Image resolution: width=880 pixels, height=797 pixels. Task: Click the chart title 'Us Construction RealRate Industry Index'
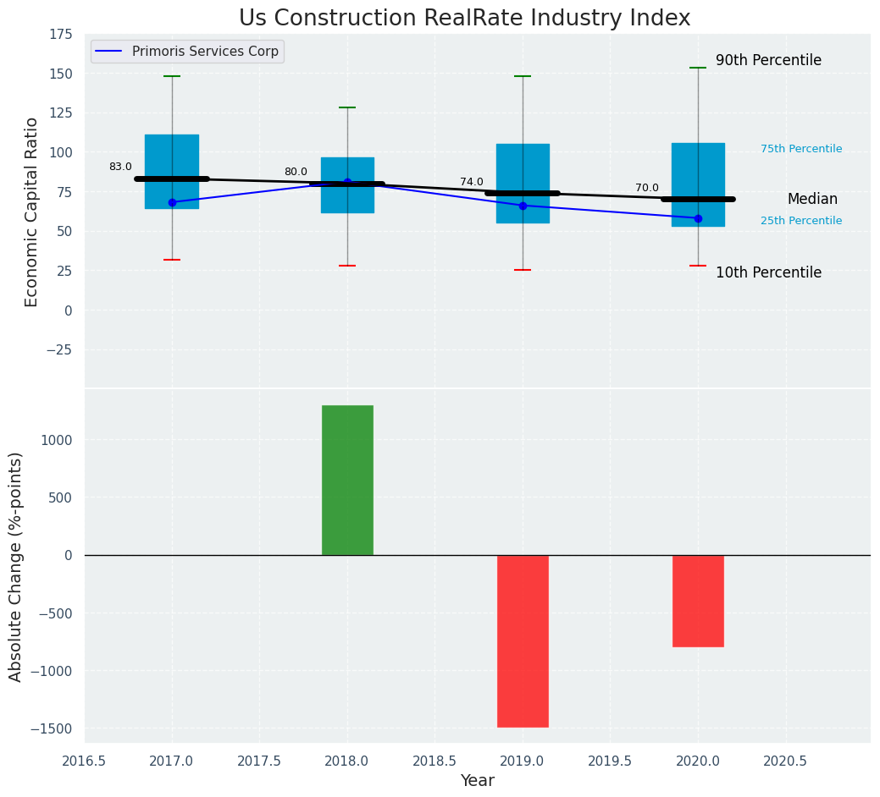464,19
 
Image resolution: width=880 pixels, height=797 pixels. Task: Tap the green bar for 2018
347,480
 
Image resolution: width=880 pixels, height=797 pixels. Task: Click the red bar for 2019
523,640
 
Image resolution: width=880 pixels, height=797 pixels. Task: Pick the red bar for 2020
698,601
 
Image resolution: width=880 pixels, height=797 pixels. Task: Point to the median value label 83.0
120,167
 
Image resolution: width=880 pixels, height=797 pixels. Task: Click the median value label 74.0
472,182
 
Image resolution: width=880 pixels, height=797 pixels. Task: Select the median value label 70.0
647,188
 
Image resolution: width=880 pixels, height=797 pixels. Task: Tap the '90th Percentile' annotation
768,61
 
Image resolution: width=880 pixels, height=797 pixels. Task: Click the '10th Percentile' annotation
768,272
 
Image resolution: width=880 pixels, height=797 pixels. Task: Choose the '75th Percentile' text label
801,149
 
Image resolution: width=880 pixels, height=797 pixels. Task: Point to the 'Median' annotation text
812,200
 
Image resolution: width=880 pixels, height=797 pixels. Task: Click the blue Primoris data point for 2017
172,202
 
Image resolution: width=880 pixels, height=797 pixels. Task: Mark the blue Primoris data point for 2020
698,218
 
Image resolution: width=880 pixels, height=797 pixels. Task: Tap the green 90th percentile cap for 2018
347,107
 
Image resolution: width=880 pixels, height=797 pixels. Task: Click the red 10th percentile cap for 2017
172,260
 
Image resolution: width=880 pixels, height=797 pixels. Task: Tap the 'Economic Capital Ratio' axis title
32,212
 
